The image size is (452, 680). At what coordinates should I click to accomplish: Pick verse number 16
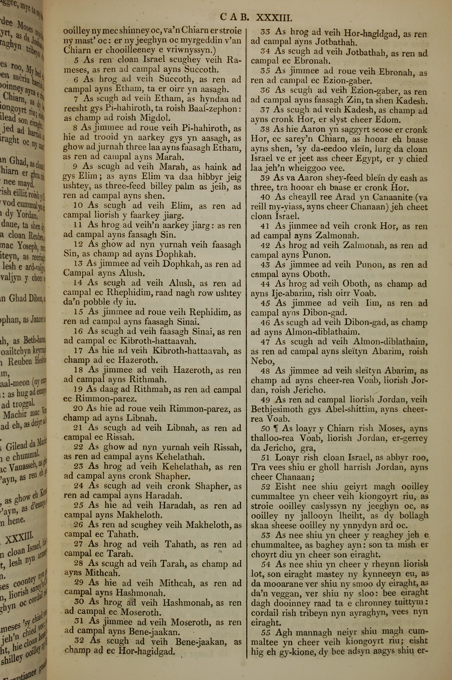(78, 331)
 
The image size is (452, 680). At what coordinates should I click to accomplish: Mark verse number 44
(265, 284)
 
